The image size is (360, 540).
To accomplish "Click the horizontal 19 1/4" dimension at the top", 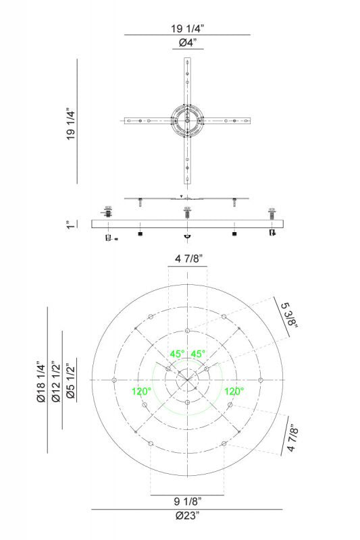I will pos(188,28).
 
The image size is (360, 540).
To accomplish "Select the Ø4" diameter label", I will pos(187,43).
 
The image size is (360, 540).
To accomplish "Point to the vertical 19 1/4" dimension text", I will pos(70,123).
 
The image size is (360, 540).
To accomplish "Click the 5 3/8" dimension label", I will pos(289,315).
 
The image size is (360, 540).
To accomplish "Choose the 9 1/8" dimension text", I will pos(187,501).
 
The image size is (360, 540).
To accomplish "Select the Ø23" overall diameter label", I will pos(187,516).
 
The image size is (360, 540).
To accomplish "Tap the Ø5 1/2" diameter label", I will pos(70,381).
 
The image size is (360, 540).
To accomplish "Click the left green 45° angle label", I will pos(177,354).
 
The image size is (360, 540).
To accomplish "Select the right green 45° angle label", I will pos(198,354).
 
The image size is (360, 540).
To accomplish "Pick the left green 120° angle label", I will pos(143,391).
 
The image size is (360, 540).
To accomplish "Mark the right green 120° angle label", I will pos(234,391).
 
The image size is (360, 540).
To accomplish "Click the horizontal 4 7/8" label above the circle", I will pos(187,259).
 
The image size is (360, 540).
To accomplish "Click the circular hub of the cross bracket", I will pos(187,120).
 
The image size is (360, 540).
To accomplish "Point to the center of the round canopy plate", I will pos(187,380).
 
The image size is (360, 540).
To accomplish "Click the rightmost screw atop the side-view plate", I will pos(272,214).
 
